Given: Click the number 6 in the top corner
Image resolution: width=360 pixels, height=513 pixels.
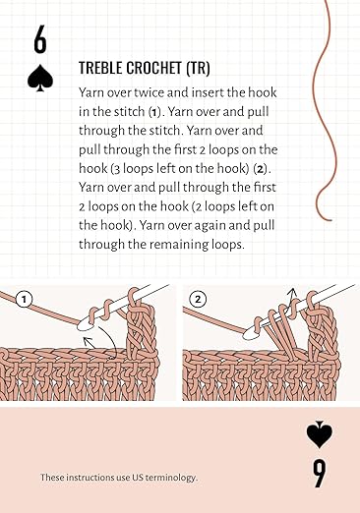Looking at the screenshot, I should (39, 41).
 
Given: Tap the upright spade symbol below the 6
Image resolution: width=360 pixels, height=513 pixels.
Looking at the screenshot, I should (40, 78).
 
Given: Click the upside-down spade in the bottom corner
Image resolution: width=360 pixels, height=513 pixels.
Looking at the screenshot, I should (319, 435).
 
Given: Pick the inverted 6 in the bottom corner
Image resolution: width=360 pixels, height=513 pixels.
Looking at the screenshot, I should (319, 473).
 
